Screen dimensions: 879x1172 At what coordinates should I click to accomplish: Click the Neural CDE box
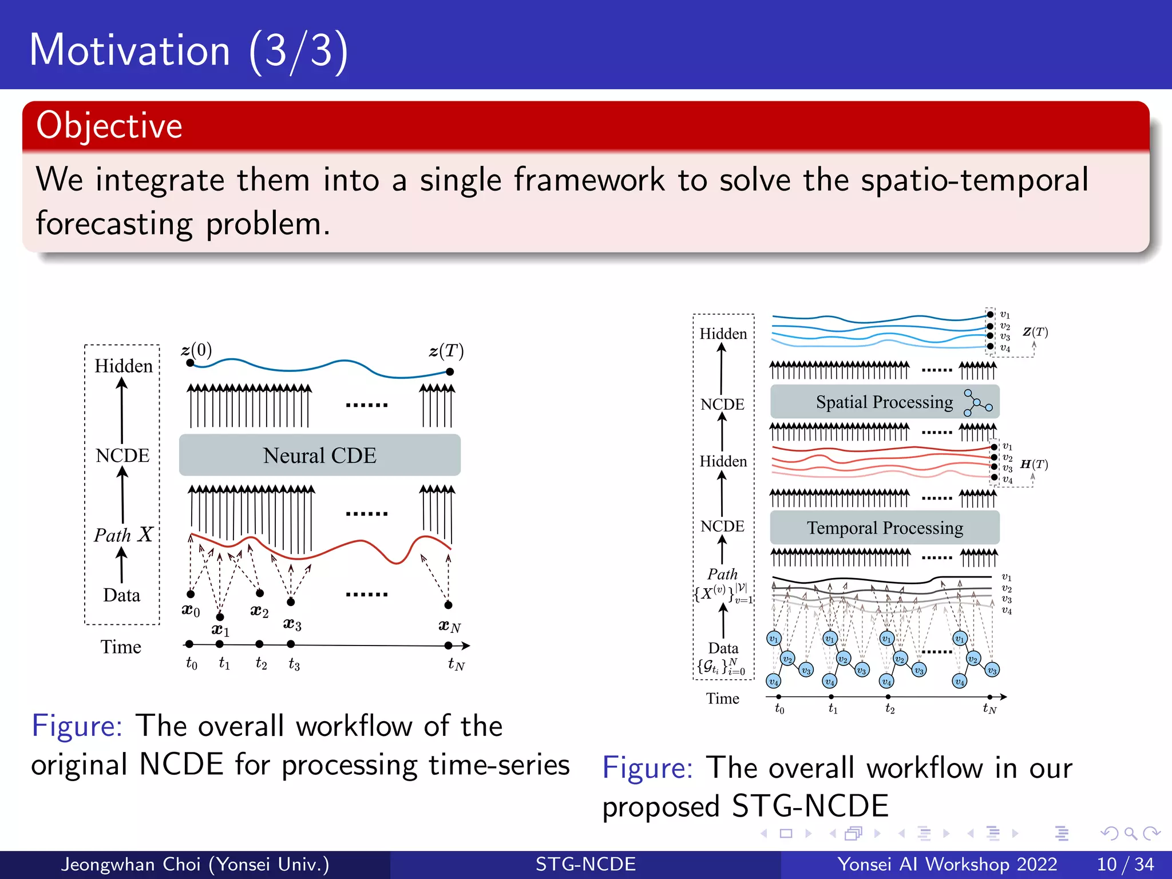pos(319,455)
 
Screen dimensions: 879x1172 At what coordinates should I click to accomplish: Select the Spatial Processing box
pos(884,402)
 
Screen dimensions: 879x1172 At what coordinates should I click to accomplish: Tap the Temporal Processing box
pos(884,528)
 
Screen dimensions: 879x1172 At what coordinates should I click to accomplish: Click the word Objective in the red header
pos(109,125)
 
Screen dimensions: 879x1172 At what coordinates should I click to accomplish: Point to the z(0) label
pos(197,350)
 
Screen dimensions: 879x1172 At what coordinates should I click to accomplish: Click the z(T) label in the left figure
pos(446,351)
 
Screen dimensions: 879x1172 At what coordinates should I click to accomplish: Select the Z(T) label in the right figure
pos(1035,332)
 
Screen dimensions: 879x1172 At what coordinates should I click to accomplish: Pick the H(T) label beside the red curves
pos(1034,464)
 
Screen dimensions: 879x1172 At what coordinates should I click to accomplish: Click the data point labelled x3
pos(291,602)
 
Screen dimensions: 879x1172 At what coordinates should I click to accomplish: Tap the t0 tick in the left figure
pos(189,644)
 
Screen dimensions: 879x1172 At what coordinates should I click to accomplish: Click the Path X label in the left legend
pos(123,534)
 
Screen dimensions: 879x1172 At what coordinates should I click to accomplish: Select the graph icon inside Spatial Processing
pos(977,403)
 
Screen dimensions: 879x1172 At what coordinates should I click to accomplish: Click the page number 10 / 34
pos(1125,864)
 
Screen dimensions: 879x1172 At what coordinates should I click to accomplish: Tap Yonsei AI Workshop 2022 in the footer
pos(947,864)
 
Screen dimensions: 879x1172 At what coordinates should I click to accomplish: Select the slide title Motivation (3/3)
pos(188,50)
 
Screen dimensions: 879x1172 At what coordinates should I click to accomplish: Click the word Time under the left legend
pos(121,647)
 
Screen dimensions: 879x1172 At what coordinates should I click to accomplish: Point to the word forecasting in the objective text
pos(114,224)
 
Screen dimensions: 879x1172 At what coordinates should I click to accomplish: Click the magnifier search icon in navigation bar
pos(1130,833)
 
